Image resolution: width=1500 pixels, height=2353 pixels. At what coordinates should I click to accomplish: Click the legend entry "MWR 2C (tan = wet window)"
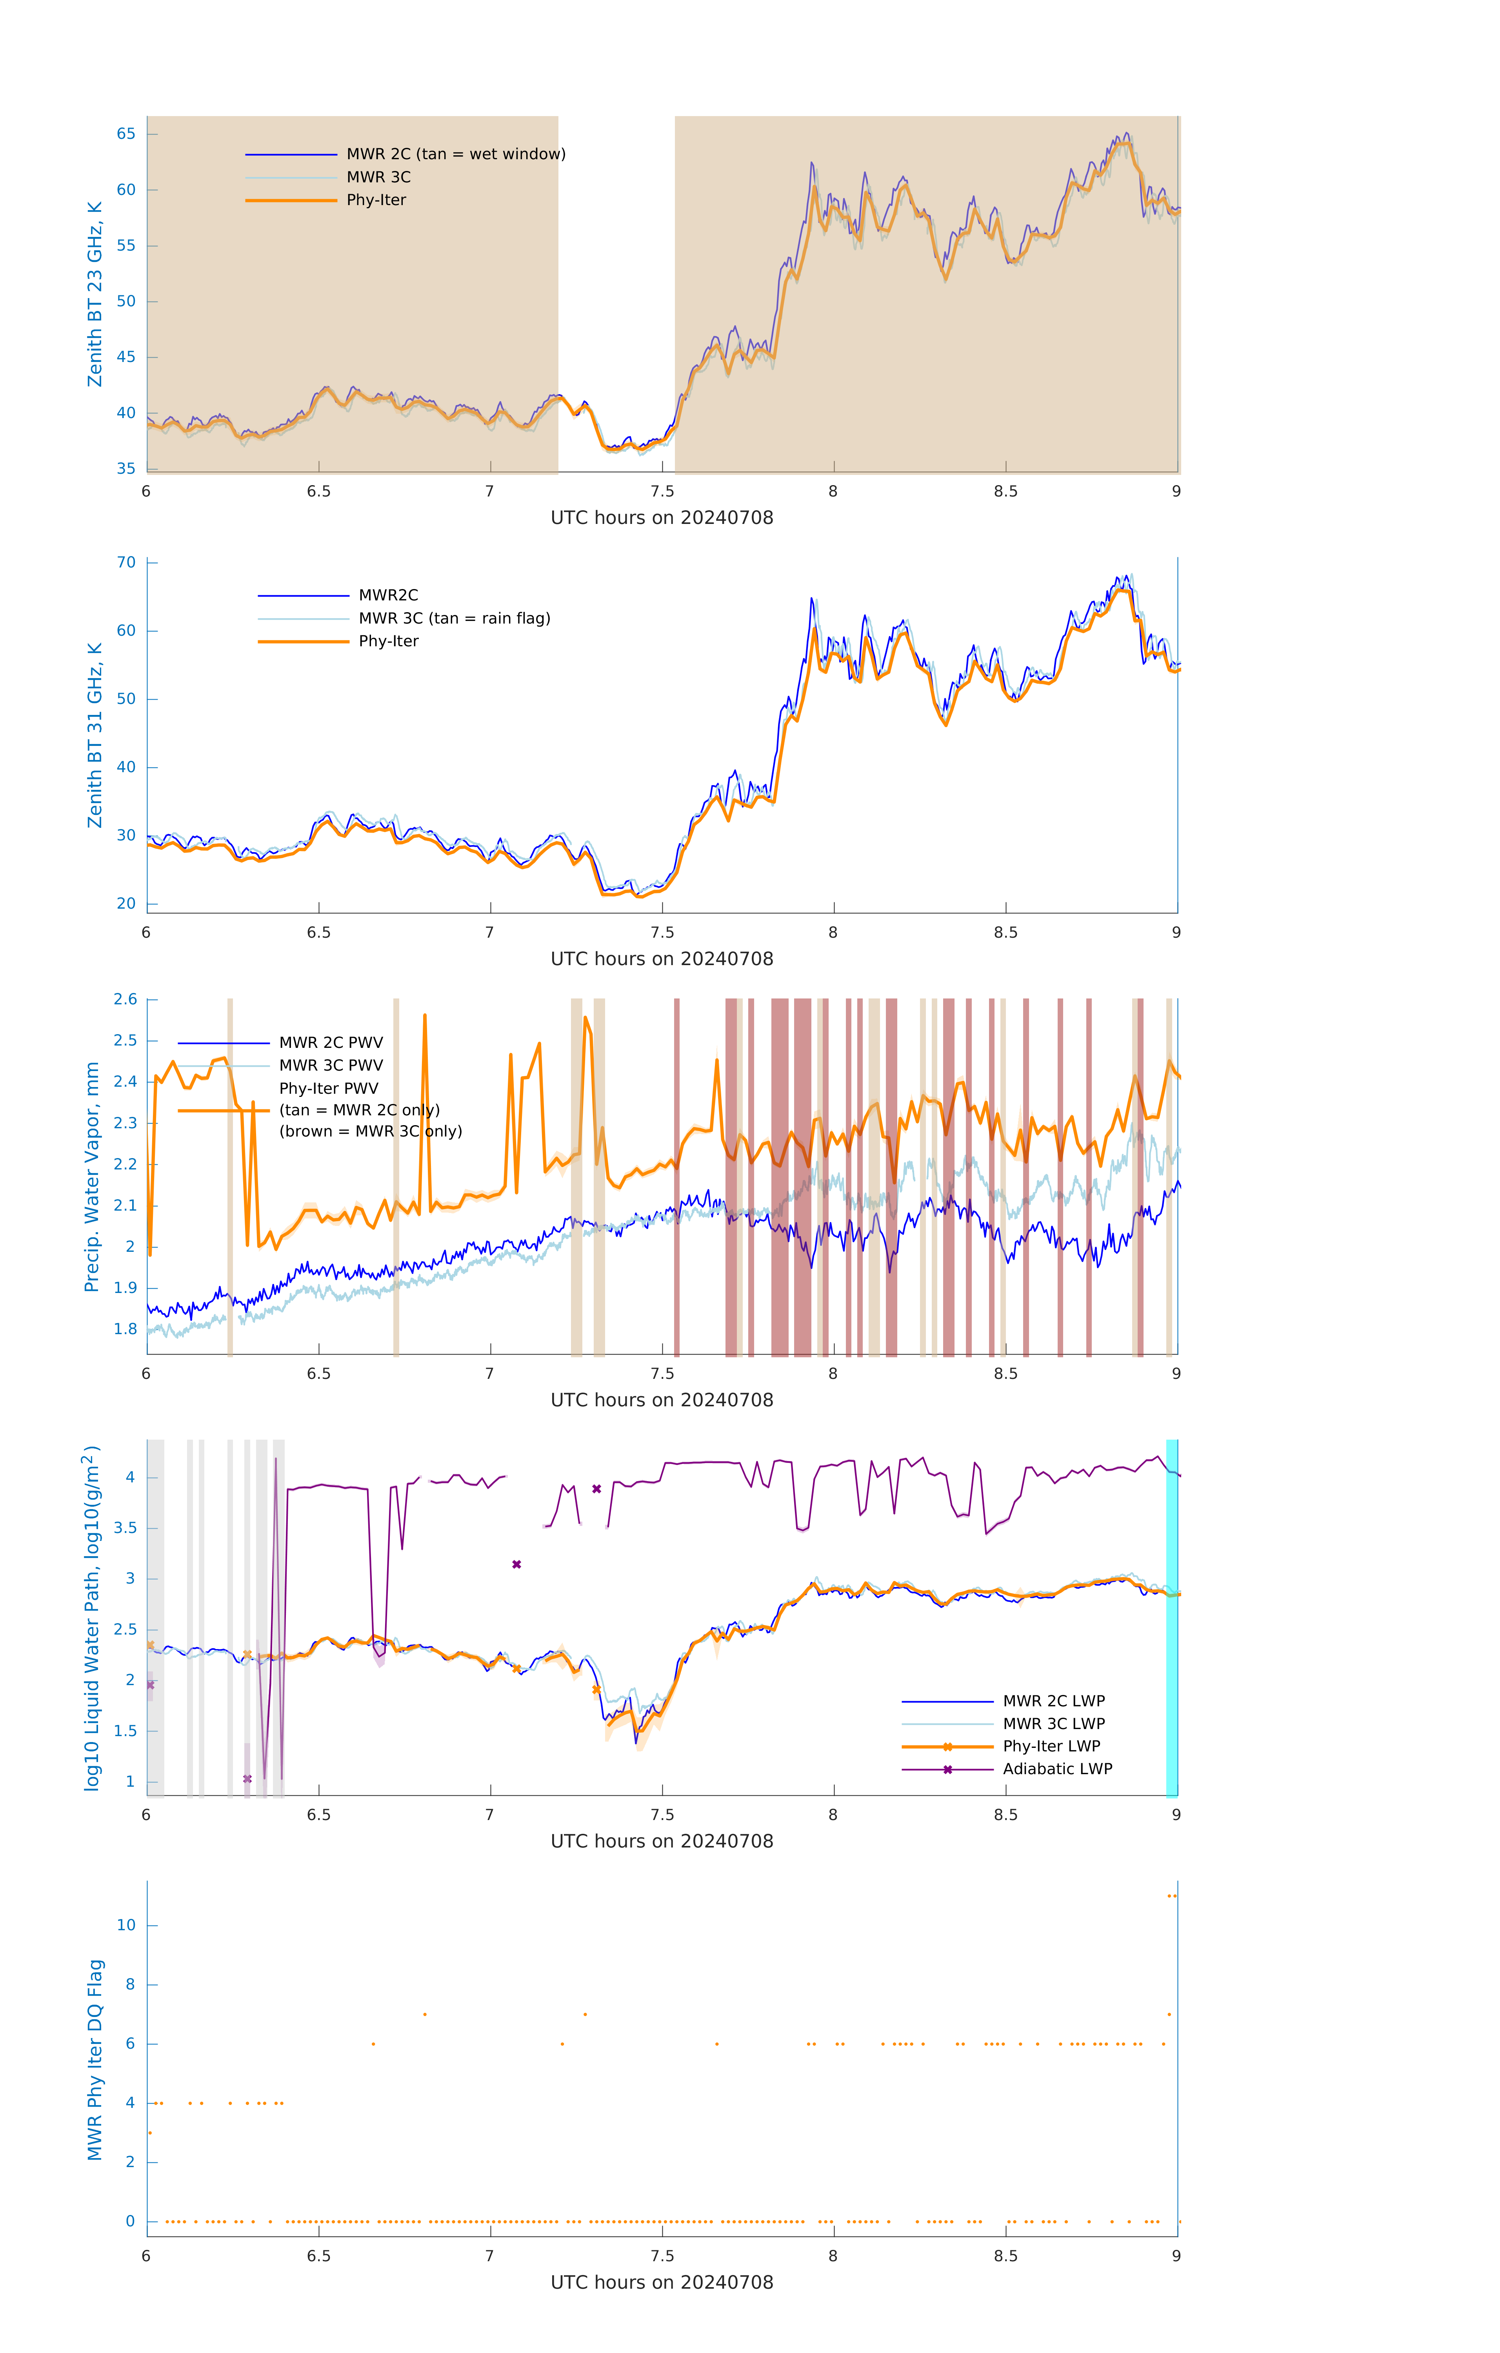[455, 155]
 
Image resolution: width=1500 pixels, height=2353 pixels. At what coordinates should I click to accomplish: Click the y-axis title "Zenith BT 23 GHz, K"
[95, 294]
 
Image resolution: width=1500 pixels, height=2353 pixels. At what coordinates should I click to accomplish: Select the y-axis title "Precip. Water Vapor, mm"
[92, 1177]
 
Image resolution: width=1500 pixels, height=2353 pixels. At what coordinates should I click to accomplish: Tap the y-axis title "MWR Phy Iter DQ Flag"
[95, 2060]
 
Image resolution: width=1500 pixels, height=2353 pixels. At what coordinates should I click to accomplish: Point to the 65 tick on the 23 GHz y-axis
[126, 134]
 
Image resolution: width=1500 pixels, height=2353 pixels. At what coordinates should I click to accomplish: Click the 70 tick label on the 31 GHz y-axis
[126, 563]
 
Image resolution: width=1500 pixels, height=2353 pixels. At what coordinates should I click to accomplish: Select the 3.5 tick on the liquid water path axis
[125, 1528]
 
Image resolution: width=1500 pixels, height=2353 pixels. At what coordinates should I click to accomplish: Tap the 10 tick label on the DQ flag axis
[126, 1925]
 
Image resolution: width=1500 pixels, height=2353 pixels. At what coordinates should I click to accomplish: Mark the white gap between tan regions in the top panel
[616, 293]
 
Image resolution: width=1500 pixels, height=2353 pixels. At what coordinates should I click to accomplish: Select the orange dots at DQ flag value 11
[1172, 1896]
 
